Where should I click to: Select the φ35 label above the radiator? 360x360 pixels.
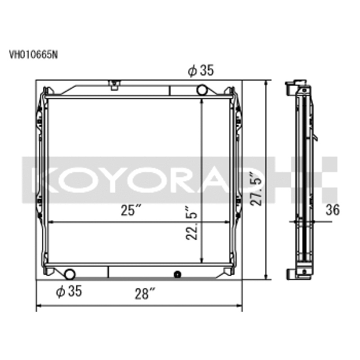200,71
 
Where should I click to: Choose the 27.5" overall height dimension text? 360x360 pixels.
257,189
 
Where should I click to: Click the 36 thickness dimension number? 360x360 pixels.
333,209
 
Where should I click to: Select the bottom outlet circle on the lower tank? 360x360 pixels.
71,273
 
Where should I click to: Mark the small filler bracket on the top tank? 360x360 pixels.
115,84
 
